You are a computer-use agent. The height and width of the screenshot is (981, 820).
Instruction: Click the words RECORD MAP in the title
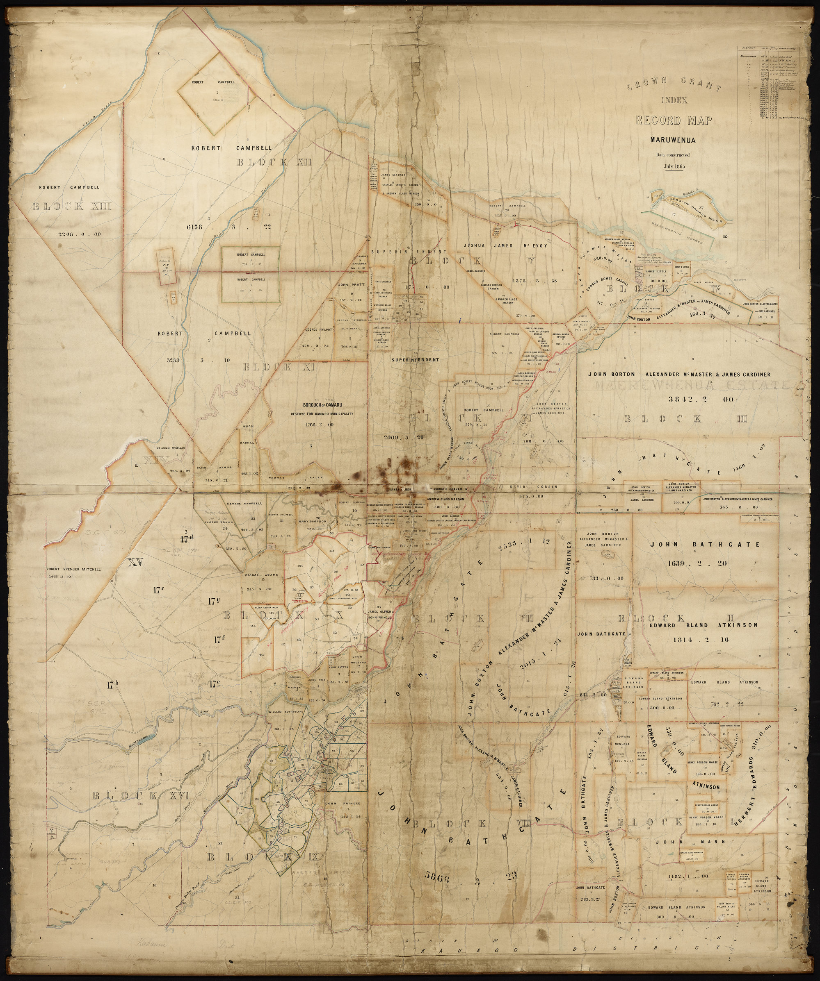click(x=674, y=120)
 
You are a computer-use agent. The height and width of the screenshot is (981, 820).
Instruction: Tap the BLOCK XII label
click(x=275, y=163)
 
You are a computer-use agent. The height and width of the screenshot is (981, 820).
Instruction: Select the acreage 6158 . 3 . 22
click(x=232, y=227)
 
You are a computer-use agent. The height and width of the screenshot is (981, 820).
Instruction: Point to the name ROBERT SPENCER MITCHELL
click(x=73, y=570)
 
